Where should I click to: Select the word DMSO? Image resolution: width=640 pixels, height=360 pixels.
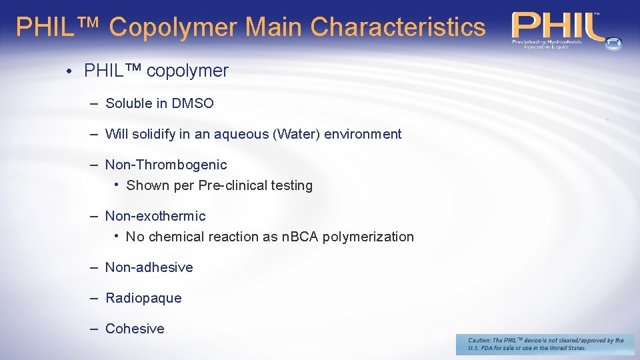193,103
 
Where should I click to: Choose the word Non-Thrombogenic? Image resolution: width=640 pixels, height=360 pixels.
166,165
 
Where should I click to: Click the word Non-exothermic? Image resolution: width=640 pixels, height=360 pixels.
155,216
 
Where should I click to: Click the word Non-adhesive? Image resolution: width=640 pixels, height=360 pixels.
149,267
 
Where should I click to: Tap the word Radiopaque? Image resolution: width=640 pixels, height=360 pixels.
143,298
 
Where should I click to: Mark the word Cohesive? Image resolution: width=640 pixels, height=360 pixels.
135,329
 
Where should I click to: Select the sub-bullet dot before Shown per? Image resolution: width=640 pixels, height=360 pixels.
117,184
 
